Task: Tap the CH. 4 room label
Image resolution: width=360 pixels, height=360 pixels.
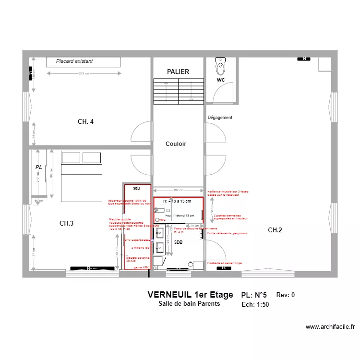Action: (x=85, y=122)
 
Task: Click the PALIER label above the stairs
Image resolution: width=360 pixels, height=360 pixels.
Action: (x=178, y=72)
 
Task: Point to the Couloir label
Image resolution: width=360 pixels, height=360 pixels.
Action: (x=176, y=144)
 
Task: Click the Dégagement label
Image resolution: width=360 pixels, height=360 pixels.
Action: (x=220, y=118)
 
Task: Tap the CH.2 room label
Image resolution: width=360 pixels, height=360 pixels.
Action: (x=275, y=230)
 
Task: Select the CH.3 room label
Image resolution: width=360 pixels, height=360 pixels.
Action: (x=66, y=223)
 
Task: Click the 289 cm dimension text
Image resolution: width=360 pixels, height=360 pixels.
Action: (x=84, y=73)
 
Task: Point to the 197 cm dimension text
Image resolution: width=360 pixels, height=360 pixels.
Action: (x=179, y=190)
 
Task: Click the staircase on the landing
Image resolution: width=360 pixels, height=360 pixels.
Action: (x=178, y=90)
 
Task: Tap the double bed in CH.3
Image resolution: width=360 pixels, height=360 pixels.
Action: (x=81, y=175)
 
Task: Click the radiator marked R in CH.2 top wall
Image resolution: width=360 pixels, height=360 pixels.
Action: (x=303, y=59)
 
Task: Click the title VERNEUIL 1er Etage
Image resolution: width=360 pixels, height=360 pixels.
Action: (x=190, y=295)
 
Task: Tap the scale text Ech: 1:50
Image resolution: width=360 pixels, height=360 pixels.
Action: (x=255, y=304)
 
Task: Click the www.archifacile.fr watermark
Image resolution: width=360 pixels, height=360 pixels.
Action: (x=331, y=327)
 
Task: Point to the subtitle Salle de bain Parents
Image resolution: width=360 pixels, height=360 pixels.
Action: (x=189, y=304)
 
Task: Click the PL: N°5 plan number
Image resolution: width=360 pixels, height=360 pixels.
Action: (x=254, y=295)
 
